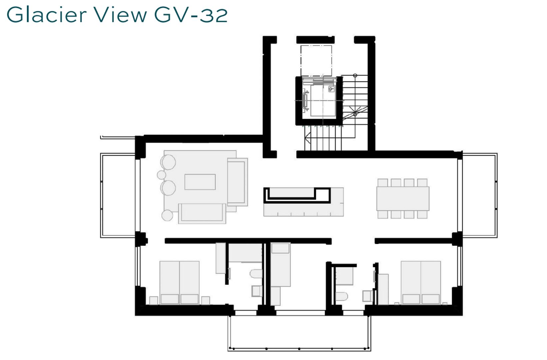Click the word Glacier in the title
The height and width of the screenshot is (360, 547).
pos(47,15)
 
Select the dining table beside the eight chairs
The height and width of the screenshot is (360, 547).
pos(403,198)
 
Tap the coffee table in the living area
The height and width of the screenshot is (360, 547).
pos(200,182)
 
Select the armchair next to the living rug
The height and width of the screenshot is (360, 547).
pos(237,182)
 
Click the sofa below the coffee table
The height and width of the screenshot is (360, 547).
pos(202,213)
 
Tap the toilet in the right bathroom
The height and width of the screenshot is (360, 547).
pos(341,296)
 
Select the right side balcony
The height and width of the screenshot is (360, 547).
pos(480,195)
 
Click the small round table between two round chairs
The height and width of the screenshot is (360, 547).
pos(162,175)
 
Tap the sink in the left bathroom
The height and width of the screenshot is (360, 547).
pos(257,291)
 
